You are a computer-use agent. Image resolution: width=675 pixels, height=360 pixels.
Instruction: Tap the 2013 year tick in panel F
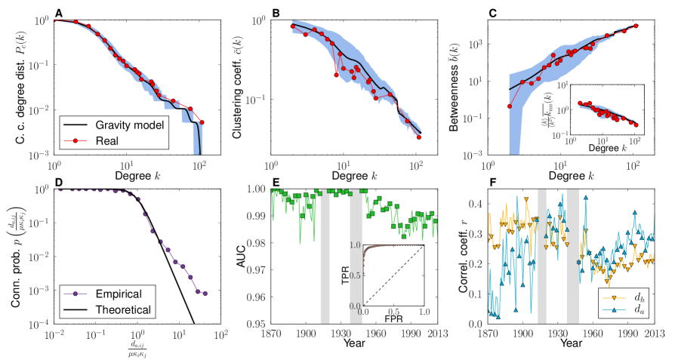coord(654,333)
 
